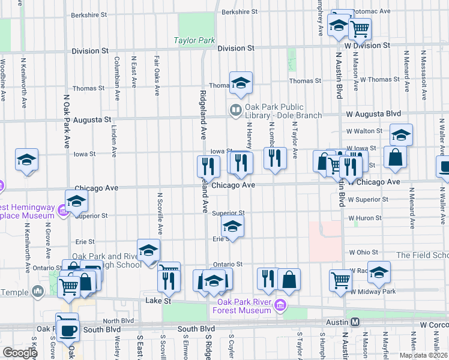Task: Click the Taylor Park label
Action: click(194, 41)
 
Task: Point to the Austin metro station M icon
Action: click(355, 322)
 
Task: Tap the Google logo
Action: click(20, 353)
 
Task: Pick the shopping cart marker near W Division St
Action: click(360, 28)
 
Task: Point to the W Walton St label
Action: click(364, 130)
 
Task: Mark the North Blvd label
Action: click(118, 320)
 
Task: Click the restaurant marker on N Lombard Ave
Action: click(274, 158)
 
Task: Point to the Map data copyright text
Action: click(423, 355)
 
